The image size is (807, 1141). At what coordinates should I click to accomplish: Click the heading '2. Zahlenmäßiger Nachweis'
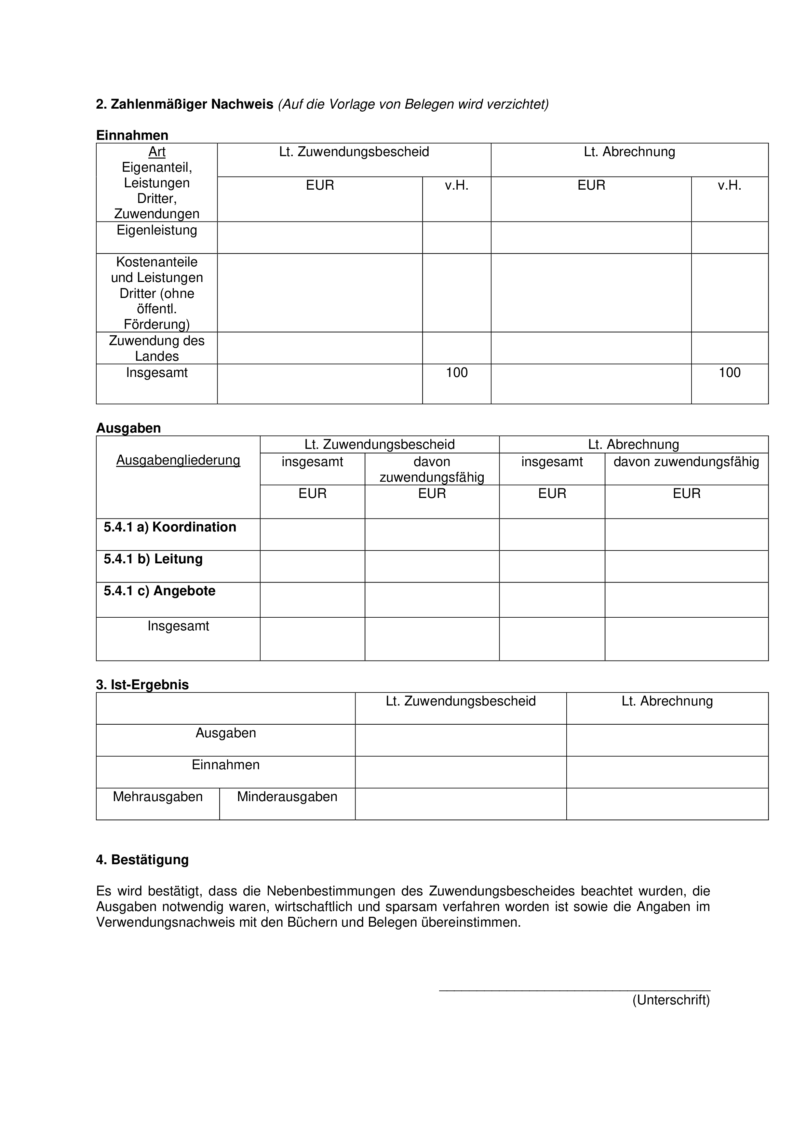coord(184,104)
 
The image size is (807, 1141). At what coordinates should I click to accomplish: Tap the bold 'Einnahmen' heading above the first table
coord(132,135)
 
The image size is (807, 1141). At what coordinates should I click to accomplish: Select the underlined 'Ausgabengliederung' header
coord(178,460)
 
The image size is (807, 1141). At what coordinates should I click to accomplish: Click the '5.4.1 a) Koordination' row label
coord(170,527)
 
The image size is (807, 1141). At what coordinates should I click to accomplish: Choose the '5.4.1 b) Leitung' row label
coord(153,559)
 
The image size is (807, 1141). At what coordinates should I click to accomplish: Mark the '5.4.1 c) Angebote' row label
coord(159,591)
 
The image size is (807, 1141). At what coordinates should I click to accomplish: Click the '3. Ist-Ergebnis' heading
coord(142,685)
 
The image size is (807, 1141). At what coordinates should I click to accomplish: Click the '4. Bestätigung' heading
coord(142,860)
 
